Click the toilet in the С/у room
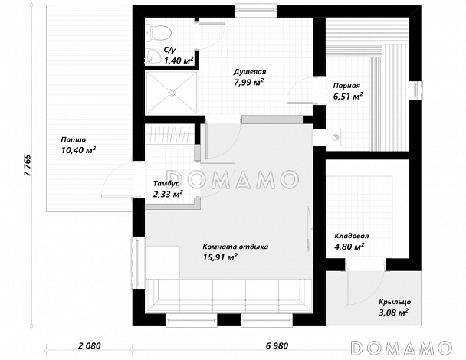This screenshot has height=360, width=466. coord(159,32)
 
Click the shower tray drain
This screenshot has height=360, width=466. coord(172,93)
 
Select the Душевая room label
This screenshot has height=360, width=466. coord(249,72)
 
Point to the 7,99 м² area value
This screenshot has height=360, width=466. coord(249,82)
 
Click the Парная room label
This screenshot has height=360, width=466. coord(346,86)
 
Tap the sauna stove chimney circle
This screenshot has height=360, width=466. coord(336,137)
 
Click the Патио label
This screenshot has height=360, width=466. coord(74,139)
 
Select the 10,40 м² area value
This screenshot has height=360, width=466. coord(78,150)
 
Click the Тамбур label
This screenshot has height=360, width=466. coord(166,184)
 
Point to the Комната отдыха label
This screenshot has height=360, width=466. coord(235,247)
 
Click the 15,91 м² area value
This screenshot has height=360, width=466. coord(220,257)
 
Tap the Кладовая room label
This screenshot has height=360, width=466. coord(352,236)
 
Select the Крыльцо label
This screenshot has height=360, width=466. coord(395,302)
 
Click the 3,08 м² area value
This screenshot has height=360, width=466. coord(393,313)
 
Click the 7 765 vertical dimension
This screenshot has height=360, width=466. coord(28,165)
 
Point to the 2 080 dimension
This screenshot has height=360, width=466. coord(90,345)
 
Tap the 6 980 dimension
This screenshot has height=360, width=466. coord(277,345)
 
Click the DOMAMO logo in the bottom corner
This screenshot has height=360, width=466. coord(401,348)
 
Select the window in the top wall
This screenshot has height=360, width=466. coord(256,11)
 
